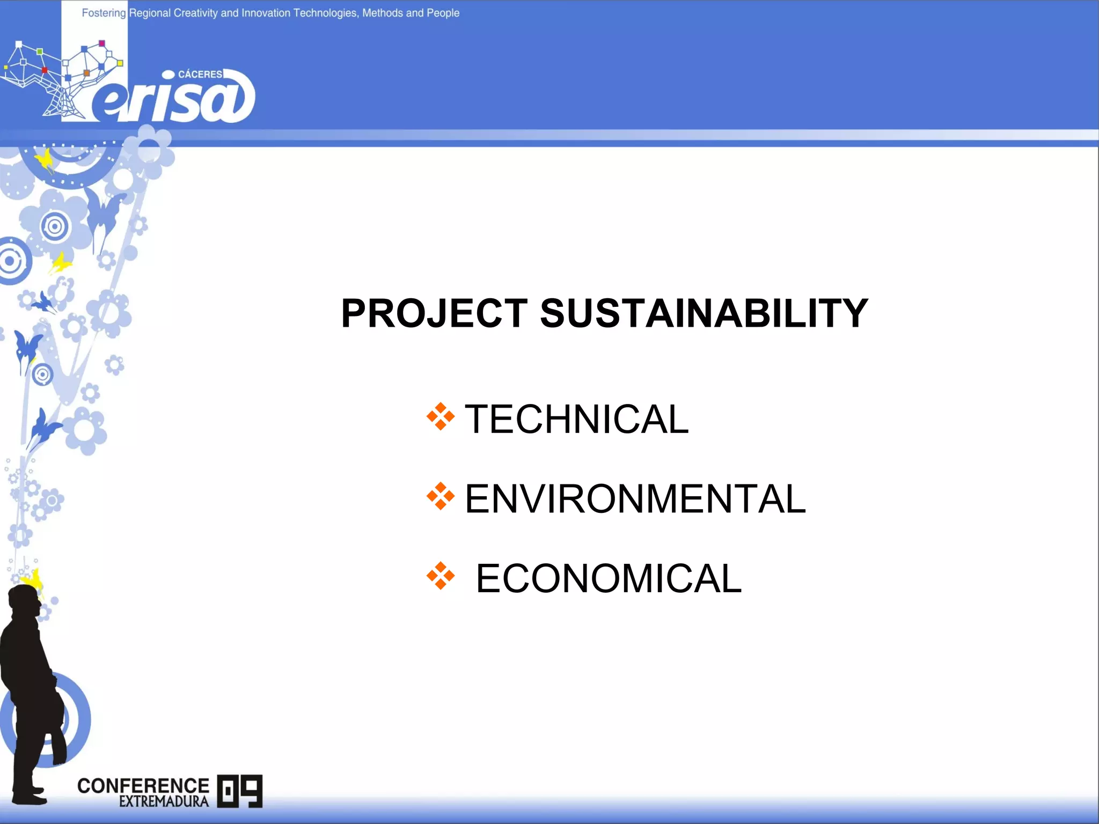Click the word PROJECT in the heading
click(x=434, y=313)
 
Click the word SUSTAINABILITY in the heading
click(x=704, y=313)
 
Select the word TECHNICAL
click(x=576, y=419)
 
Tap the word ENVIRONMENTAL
click(x=635, y=499)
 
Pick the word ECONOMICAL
click(x=609, y=578)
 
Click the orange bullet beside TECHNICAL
click(x=441, y=416)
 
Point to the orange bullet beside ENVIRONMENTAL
click(x=441, y=496)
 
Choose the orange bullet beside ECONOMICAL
click(x=441, y=576)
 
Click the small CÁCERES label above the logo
click(x=200, y=75)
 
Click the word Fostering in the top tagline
click(x=104, y=13)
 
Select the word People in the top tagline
click(x=443, y=13)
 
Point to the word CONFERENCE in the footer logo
click(x=143, y=785)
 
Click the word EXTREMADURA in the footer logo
click(x=164, y=801)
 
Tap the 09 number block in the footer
click(x=240, y=791)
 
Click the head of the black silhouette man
click(x=25, y=601)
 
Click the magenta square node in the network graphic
click(x=102, y=43)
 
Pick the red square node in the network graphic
click(x=45, y=70)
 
